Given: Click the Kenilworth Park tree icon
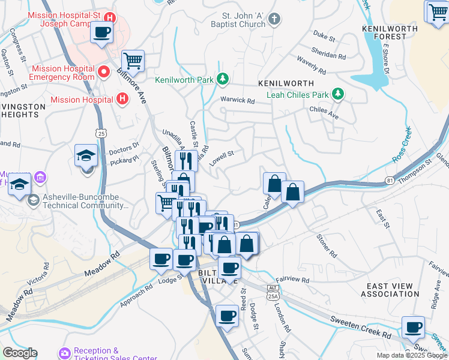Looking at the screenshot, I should click(x=223, y=79).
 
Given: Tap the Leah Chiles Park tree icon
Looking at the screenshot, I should click(x=338, y=94).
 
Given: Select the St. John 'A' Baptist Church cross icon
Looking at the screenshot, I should click(x=274, y=19).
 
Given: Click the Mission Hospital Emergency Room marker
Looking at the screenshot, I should click(x=103, y=73).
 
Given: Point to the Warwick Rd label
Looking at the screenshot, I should click(x=238, y=100).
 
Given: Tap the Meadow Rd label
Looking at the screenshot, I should click(x=101, y=263).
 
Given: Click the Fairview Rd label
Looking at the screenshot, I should click(x=293, y=280).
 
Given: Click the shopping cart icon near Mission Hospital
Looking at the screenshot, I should click(x=133, y=60).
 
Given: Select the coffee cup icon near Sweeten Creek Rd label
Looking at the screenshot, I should click(x=412, y=327).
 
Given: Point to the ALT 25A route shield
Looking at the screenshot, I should click(x=274, y=291).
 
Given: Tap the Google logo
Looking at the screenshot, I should click(x=20, y=353).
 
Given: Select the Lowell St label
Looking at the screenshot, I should click(x=221, y=158).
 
